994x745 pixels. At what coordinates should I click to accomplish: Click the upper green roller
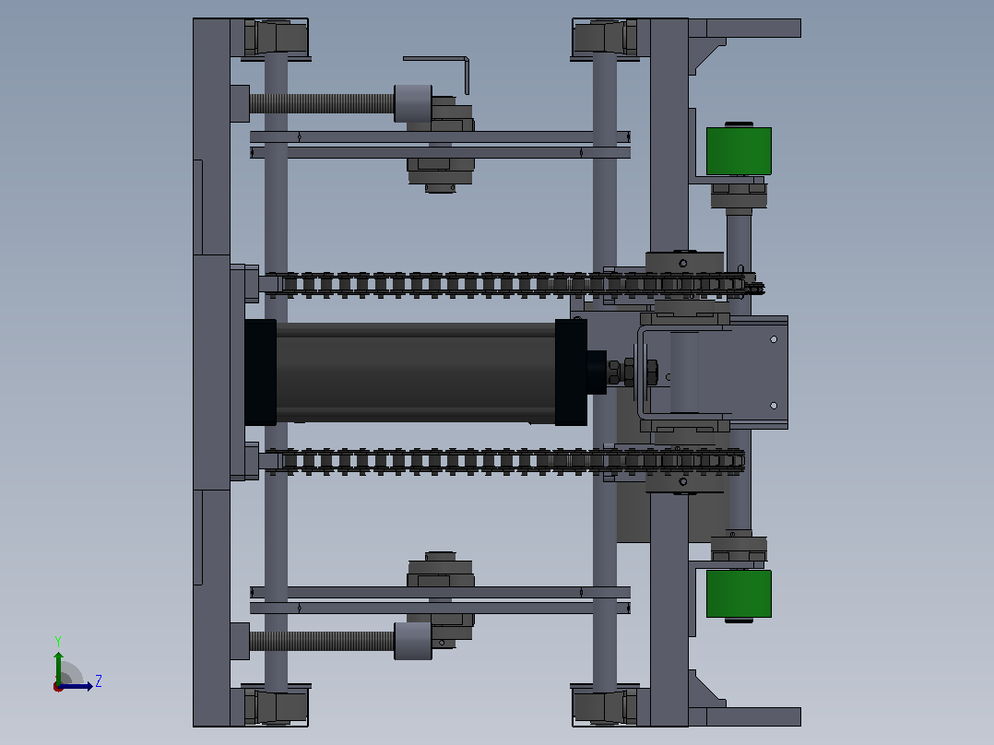click(x=739, y=151)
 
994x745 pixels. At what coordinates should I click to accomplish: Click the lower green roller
click(x=739, y=594)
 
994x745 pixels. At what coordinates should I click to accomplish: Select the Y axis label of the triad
click(x=58, y=641)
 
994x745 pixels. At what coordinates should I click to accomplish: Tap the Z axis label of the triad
click(x=99, y=681)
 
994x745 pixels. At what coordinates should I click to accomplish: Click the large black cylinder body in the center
click(x=415, y=372)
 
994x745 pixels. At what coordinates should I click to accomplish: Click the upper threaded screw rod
click(x=322, y=103)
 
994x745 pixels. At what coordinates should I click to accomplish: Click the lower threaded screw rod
click(x=322, y=641)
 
